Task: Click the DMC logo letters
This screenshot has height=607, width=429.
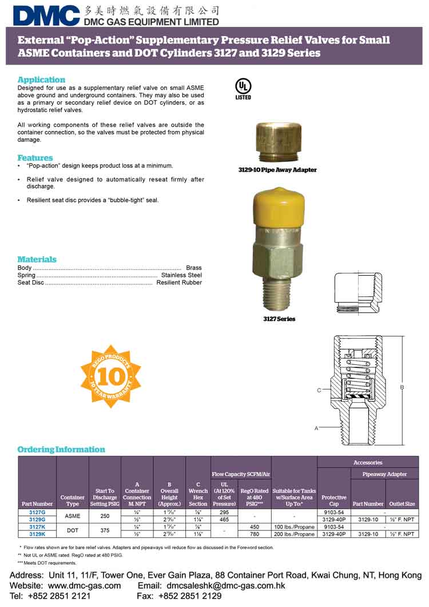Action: tap(46, 15)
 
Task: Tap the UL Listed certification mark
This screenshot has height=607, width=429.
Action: tap(243, 88)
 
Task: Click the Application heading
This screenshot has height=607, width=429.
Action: tap(41, 80)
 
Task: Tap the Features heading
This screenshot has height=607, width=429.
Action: tap(35, 157)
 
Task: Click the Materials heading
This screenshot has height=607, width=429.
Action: tap(37, 259)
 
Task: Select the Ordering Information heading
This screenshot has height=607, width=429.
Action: tap(61, 450)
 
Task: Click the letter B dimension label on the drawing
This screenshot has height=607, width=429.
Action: tap(402, 387)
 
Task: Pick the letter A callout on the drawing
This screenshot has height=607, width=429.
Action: tap(316, 427)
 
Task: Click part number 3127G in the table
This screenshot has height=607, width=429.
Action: tap(37, 512)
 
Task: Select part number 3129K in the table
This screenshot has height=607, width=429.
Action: tap(37, 534)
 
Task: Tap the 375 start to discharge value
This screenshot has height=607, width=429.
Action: tap(105, 530)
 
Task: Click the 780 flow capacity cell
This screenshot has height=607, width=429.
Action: tap(255, 534)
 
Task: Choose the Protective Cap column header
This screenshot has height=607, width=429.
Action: tap(334, 501)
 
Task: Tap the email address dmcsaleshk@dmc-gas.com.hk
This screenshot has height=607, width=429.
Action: tap(225, 585)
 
